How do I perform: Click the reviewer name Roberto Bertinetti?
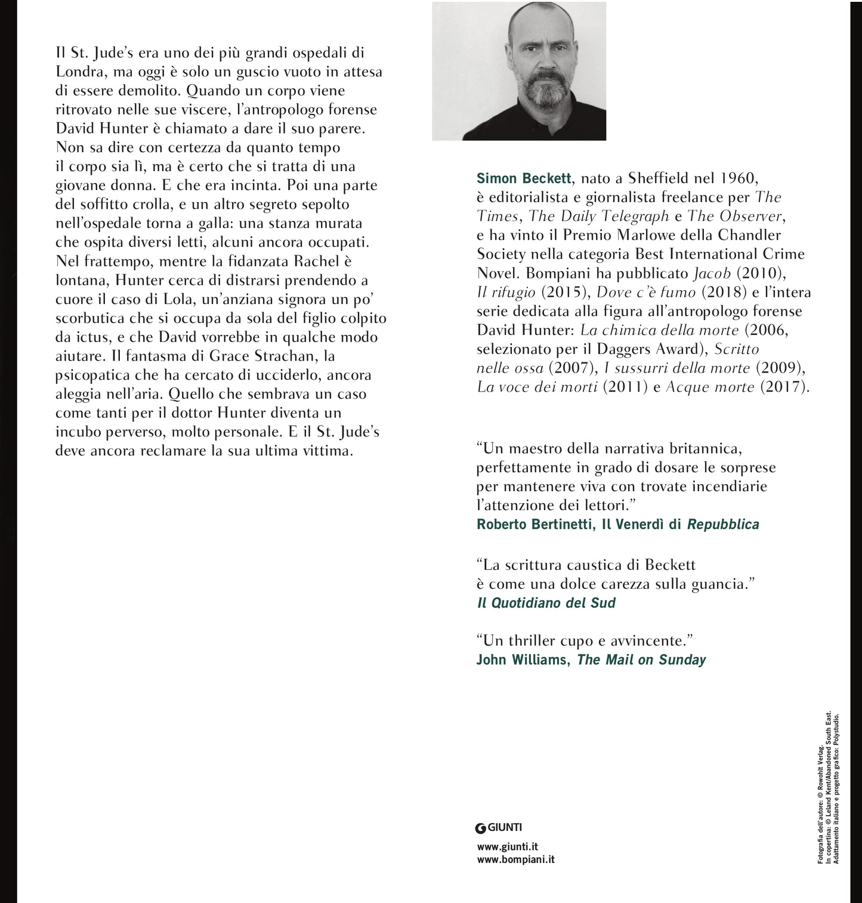click(532, 525)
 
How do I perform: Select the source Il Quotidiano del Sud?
click(546, 603)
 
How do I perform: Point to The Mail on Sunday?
click(641, 660)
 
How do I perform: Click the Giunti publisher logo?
click(499, 827)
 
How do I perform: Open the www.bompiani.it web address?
click(516, 859)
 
